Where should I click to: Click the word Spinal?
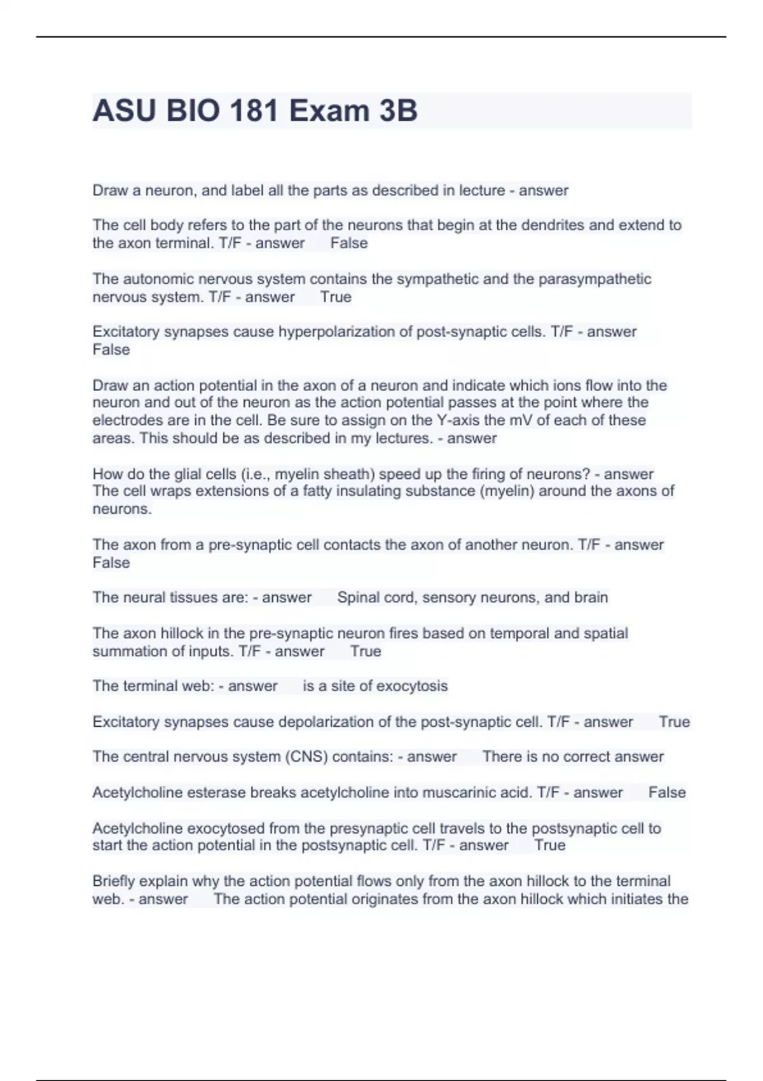point(359,598)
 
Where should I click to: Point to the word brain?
point(591,598)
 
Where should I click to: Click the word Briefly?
point(113,881)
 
